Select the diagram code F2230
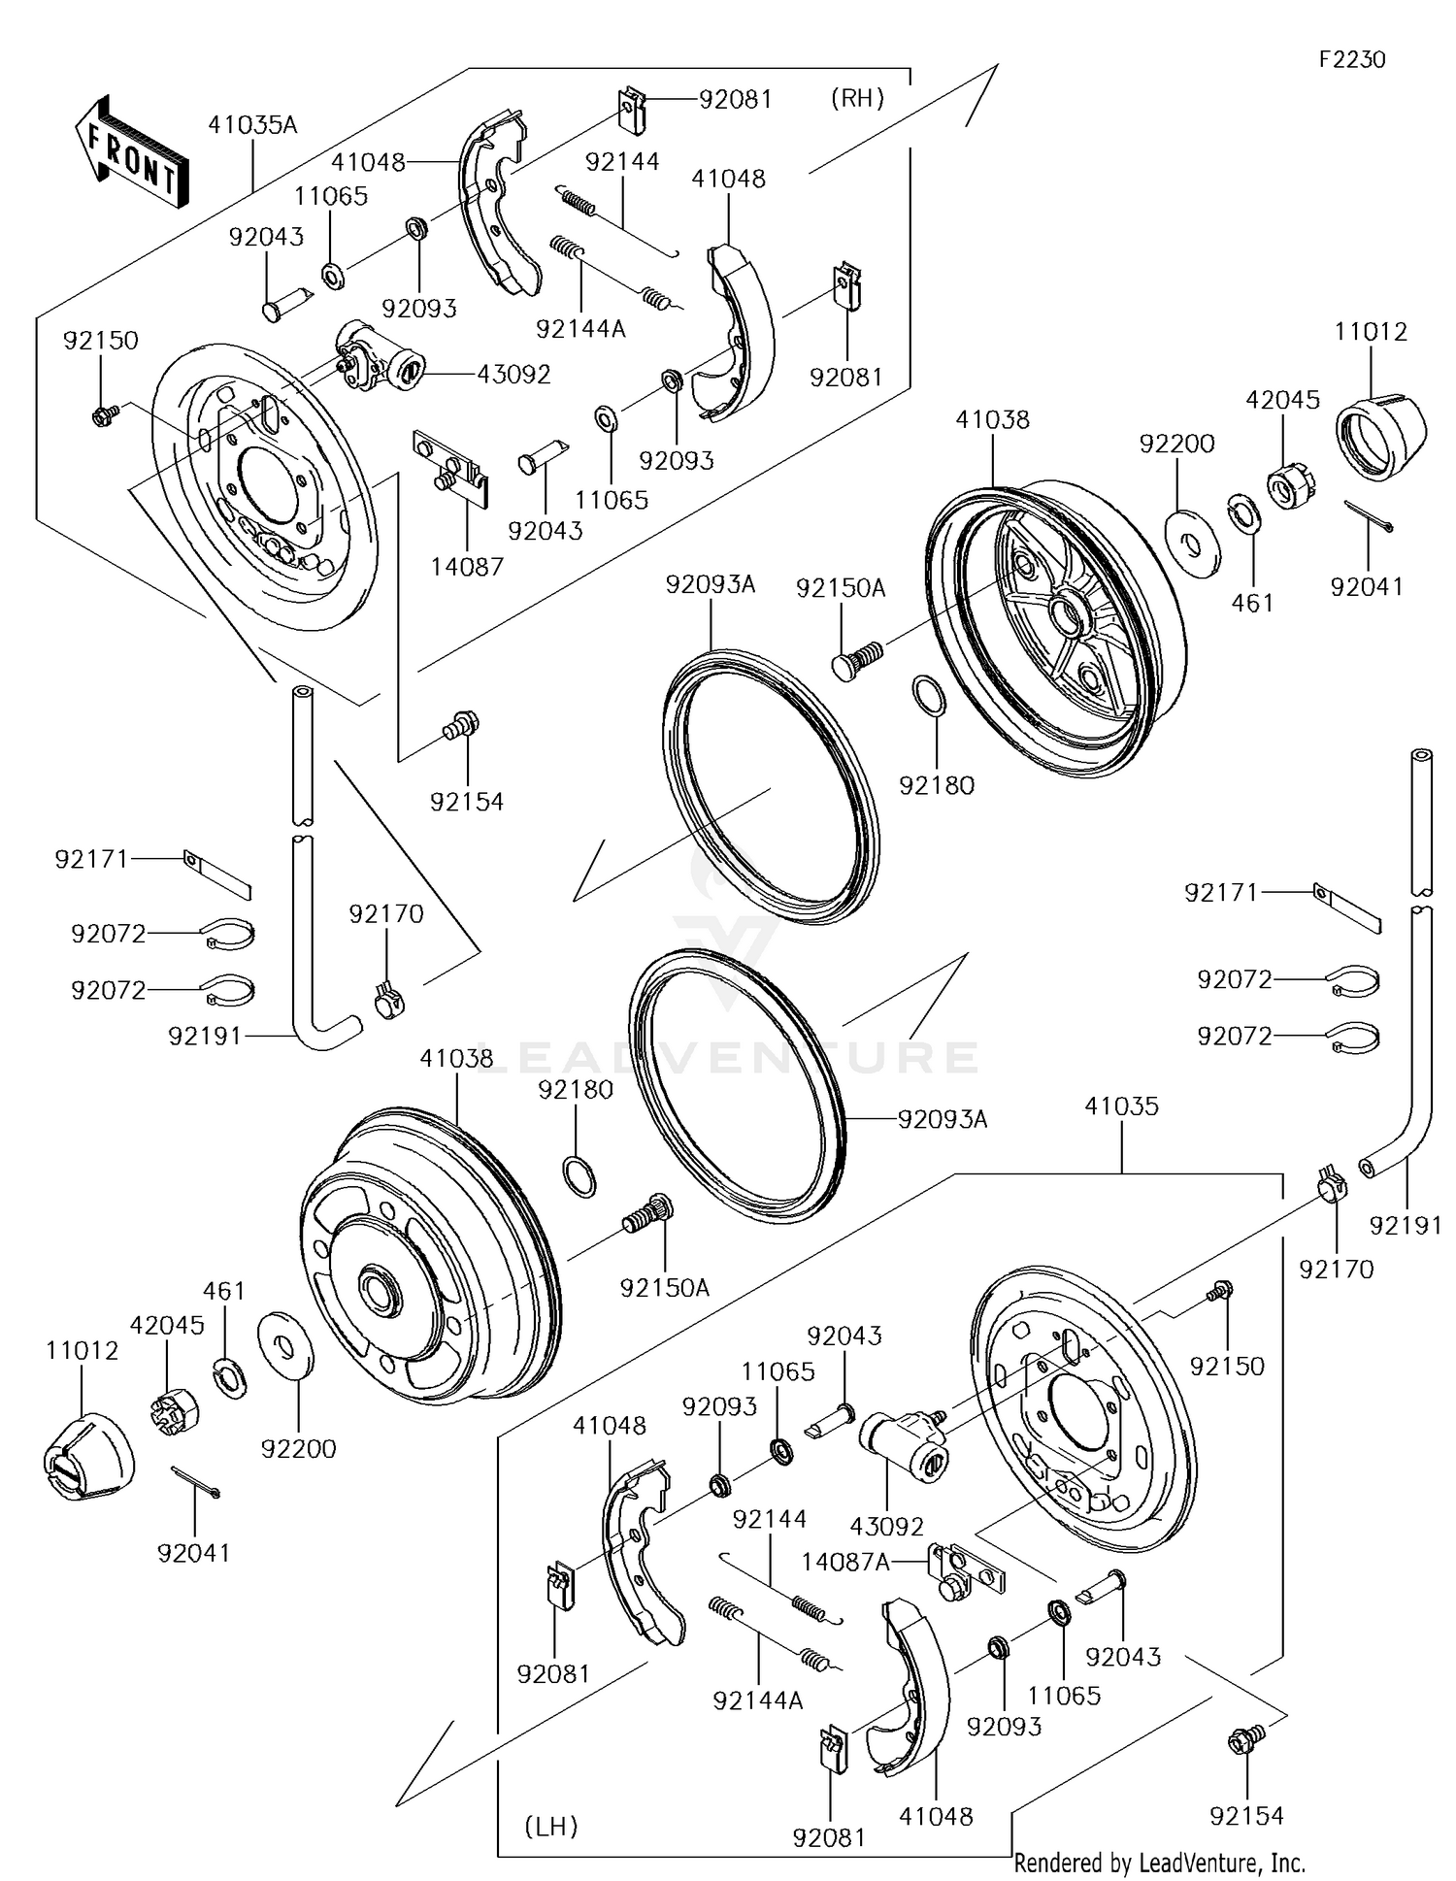click(x=1351, y=60)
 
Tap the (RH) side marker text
click(x=857, y=98)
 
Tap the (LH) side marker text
click(x=551, y=1827)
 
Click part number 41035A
click(x=252, y=125)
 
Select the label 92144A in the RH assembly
click(x=580, y=329)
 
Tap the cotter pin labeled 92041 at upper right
click(x=1369, y=514)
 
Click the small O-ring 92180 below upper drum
click(x=928, y=696)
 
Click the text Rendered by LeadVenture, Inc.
click(x=1159, y=1863)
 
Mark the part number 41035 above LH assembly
click(x=1121, y=1105)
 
